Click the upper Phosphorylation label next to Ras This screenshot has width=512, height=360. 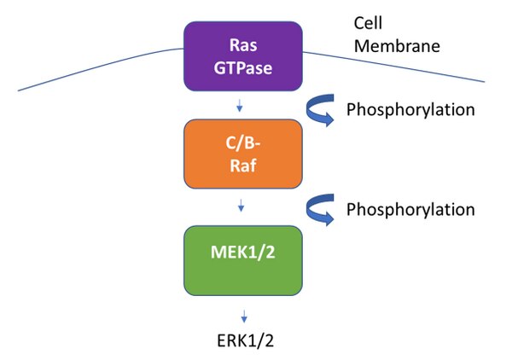[x=410, y=110]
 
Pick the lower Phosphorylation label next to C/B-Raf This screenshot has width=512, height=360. [x=410, y=209]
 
